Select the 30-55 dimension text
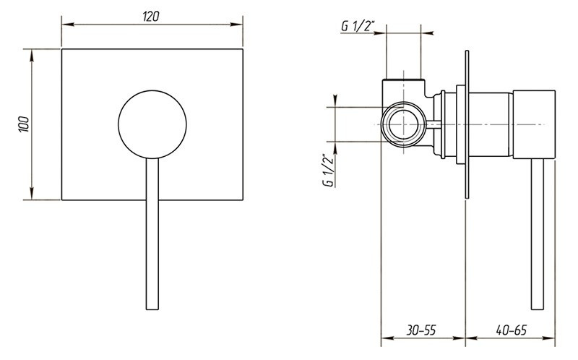(x=421, y=330)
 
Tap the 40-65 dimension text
(x=511, y=330)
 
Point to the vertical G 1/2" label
(x=327, y=171)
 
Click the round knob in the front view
(x=151, y=124)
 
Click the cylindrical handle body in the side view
(x=535, y=124)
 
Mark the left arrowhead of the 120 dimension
(x=65, y=25)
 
